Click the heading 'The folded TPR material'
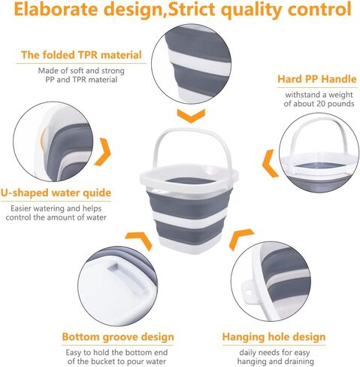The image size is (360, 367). (x=81, y=55)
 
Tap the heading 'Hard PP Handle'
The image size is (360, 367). (x=317, y=79)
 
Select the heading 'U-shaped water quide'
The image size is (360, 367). (x=56, y=193)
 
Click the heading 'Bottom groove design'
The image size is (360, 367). (x=118, y=337)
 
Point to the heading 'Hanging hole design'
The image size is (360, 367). (x=274, y=337)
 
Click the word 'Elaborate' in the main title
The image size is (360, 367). (x=56, y=9)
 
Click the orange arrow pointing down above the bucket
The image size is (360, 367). (x=191, y=116)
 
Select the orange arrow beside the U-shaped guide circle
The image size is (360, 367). (x=104, y=151)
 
